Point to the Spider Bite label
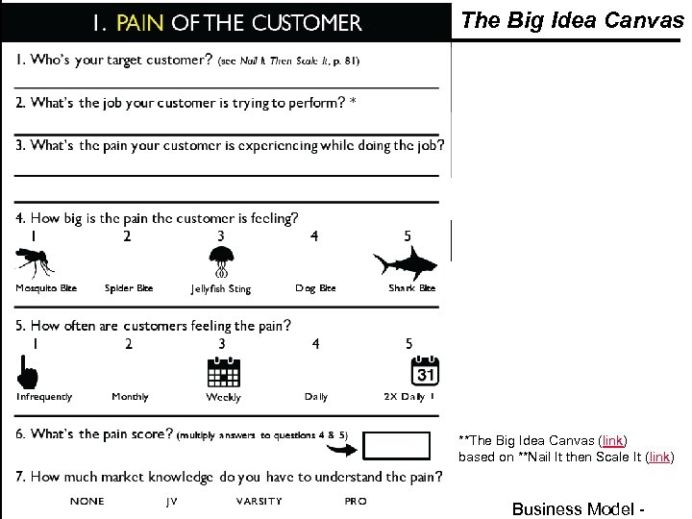pyautogui.click(x=128, y=288)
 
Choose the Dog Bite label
pyautogui.click(x=315, y=288)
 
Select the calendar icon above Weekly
pyautogui.click(x=223, y=372)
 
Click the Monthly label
pyautogui.click(x=130, y=396)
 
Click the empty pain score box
pyautogui.click(x=398, y=446)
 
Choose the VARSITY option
pyautogui.click(x=259, y=501)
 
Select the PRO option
pyautogui.click(x=355, y=501)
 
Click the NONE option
pyautogui.click(x=87, y=501)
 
